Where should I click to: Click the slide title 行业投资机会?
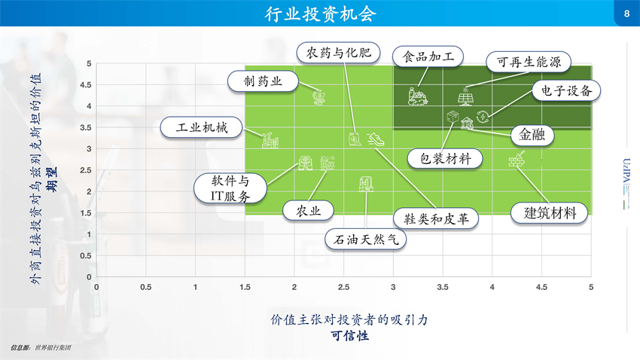coord(321,14)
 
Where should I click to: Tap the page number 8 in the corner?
coord(627,14)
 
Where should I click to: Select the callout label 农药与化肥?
coord(338,53)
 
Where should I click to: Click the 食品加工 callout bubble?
coord(428,56)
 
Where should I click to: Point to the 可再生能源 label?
coord(529,62)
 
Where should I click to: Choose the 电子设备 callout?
coord(566,90)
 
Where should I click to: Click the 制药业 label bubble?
coord(263,81)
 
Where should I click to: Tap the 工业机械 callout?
coord(202,128)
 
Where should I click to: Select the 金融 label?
coord(532,134)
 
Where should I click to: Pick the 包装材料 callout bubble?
coord(445,159)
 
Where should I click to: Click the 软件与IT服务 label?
coord(230,188)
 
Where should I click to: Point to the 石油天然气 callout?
coord(365,239)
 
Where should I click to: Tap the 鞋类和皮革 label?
coord(436,218)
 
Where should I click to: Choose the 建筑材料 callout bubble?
coord(550,212)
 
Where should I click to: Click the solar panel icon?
coord(465,96)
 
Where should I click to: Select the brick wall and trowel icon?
coord(517,159)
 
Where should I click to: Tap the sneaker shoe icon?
coord(375,139)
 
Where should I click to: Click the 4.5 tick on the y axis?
coord(86,85)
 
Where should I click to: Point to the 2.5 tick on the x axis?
coord(343,288)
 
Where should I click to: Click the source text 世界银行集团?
coord(53,348)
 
